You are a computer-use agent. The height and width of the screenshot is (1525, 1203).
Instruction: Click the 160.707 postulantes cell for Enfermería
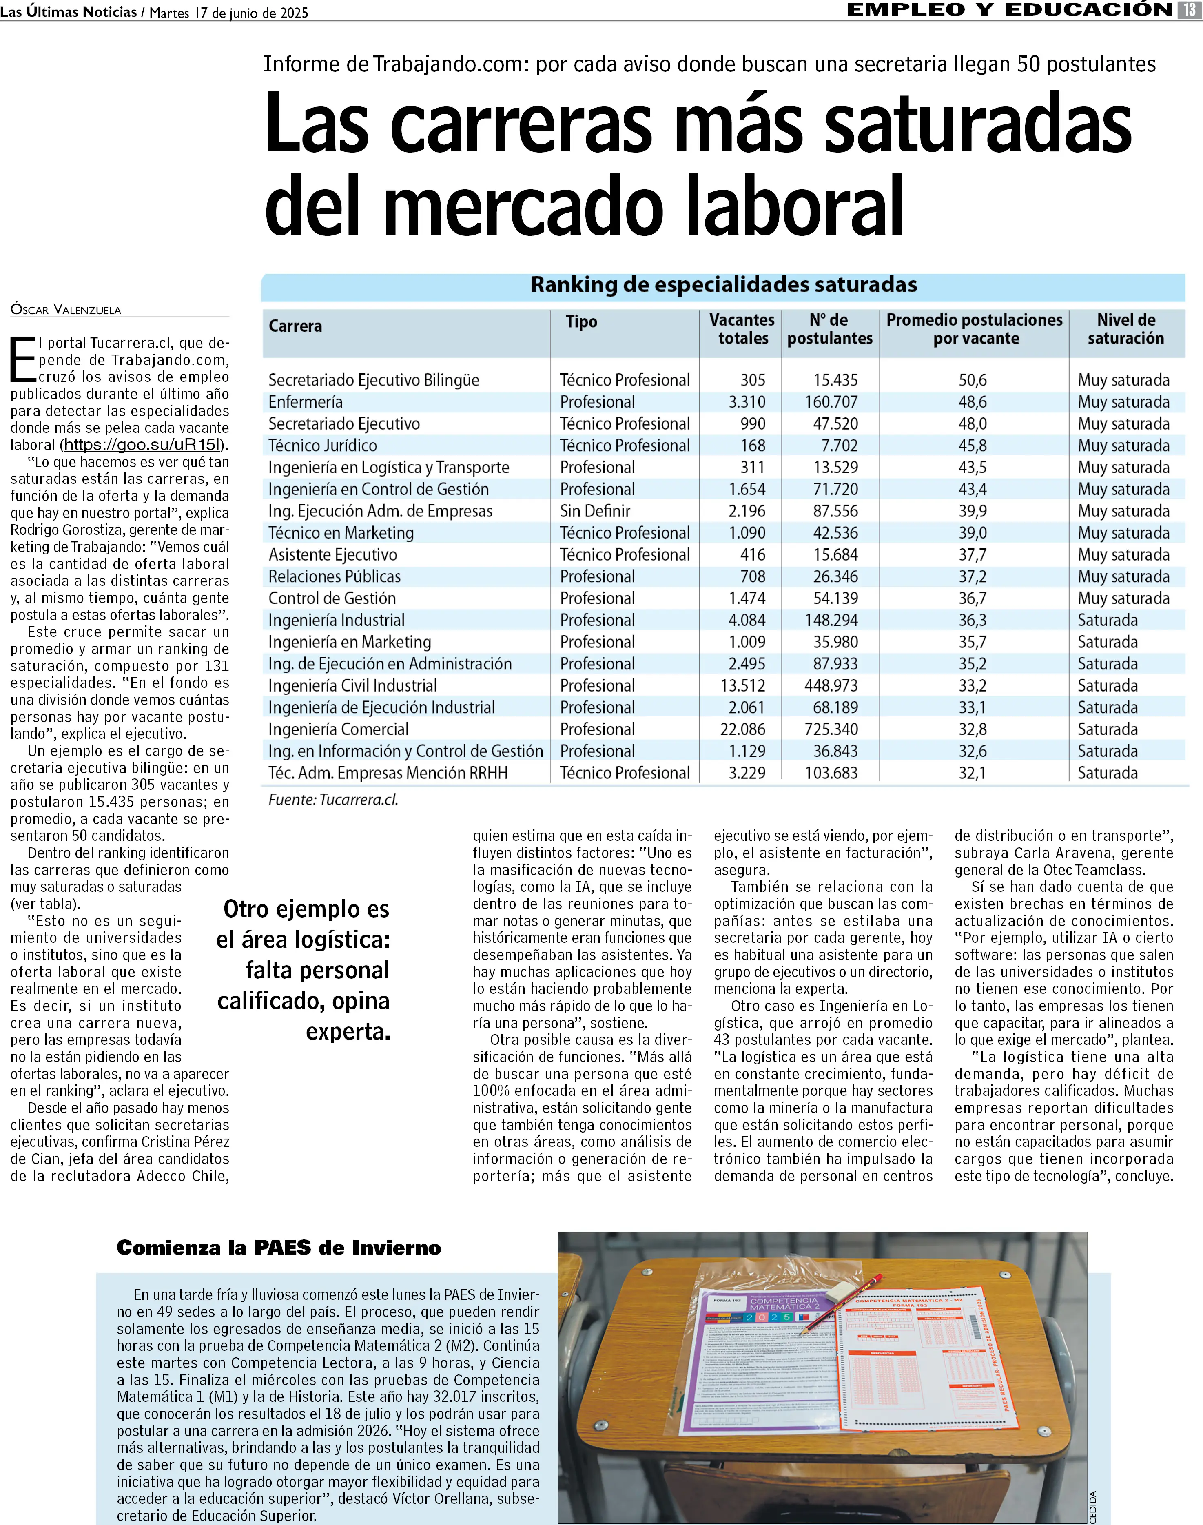pos(831,402)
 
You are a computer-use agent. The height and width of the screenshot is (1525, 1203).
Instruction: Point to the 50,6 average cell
pos(972,380)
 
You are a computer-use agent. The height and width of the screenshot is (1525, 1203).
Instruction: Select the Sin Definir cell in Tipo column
pos(595,511)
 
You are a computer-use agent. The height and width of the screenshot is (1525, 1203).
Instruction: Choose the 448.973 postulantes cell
pos(831,686)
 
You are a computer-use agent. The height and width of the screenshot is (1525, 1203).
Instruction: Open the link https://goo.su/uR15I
pos(143,445)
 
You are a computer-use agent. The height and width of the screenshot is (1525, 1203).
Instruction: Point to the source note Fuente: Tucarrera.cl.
pos(333,800)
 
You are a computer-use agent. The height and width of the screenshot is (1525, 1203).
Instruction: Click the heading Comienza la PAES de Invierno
pos(279,1248)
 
